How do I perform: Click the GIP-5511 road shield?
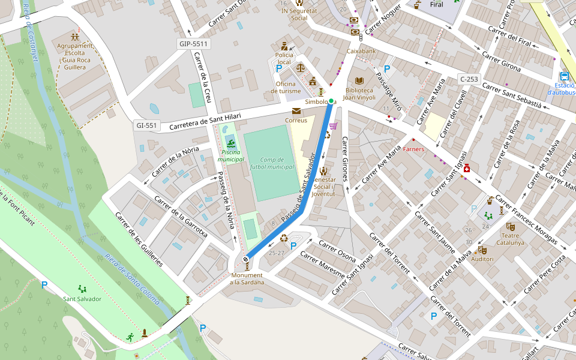coord(193,44)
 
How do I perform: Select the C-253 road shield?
coord(469,79)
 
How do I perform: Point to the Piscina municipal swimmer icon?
coord(230,143)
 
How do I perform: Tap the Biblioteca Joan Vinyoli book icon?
coord(359,80)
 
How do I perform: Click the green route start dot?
coord(331,101)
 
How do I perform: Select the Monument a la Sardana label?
coord(246,278)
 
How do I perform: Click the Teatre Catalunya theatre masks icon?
coord(510,226)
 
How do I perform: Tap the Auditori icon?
coord(482,250)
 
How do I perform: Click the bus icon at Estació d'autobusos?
coord(564,76)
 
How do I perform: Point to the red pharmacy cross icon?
coord(466,170)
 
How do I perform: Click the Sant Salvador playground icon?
coord(82,289)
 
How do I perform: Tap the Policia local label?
coord(284,58)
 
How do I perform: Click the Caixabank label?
coord(361,51)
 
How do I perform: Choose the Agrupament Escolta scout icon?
coord(75,37)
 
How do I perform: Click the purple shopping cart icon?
coord(333,125)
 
